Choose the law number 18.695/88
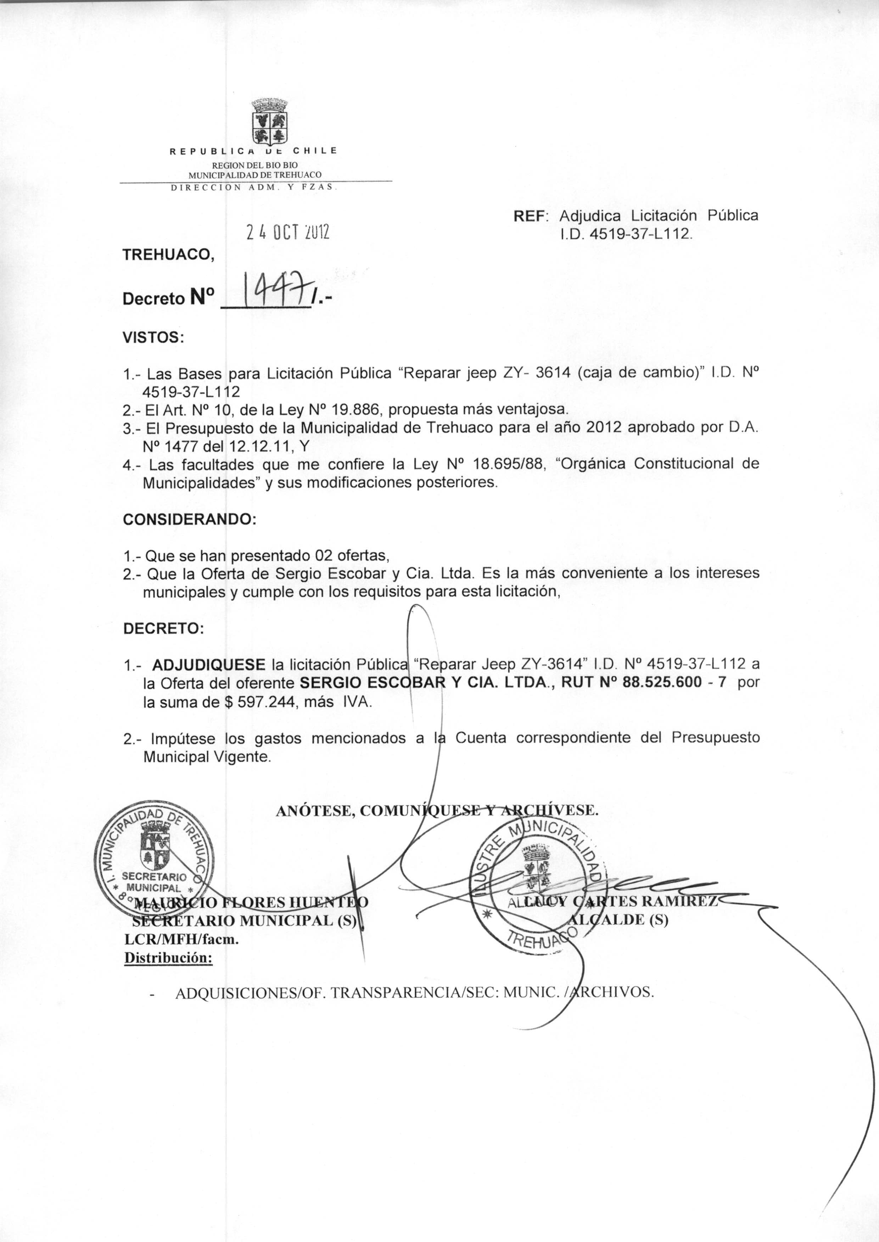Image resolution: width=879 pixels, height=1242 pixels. pos(508,464)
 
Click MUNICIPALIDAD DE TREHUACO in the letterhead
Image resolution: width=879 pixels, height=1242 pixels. pos(254,174)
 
